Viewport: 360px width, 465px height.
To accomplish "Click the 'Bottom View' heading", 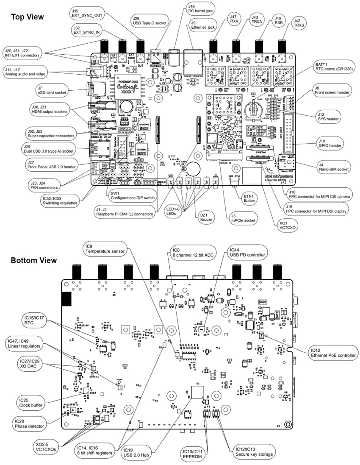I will pyautogui.click(x=33, y=260).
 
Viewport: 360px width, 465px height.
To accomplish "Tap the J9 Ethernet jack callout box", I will pyautogui.click(x=203, y=24).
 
